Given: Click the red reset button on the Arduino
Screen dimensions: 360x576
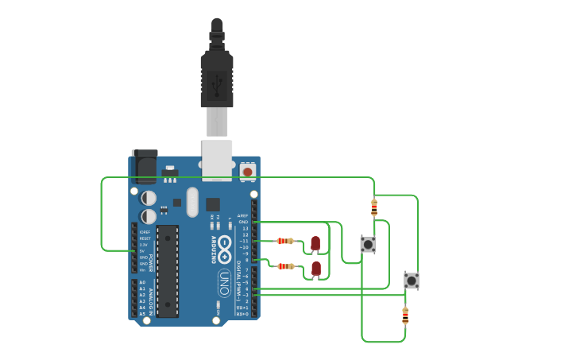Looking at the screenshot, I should (248, 171).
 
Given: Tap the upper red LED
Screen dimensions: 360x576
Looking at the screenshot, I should (315, 242).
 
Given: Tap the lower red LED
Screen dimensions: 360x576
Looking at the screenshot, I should (316, 269).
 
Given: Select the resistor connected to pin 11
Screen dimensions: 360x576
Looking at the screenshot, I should (284, 241).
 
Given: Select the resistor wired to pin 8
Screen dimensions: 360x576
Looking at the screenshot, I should (285, 266).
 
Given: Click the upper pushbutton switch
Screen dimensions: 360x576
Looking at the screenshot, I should (367, 244).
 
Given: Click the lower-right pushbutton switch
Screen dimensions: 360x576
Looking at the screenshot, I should (411, 280).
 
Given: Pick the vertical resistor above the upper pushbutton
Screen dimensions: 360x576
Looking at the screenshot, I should (374, 207).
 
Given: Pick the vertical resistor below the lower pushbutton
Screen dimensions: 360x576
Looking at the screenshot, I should (405, 315).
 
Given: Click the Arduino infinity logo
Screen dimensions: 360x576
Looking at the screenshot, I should (225, 250).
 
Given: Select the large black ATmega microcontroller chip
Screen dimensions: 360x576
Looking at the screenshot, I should (167, 270).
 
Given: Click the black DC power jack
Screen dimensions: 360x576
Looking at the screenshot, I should (145, 167).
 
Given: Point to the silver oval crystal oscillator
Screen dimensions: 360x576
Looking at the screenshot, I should (192, 202).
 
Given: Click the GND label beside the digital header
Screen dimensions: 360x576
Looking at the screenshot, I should (243, 222).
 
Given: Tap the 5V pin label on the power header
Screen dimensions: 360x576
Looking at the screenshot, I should (144, 251).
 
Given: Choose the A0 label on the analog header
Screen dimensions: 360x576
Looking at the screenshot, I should (142, 282).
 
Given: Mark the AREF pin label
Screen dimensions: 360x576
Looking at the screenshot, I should (242, 215).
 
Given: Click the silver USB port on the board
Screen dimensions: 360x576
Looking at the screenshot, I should (217, 159).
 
